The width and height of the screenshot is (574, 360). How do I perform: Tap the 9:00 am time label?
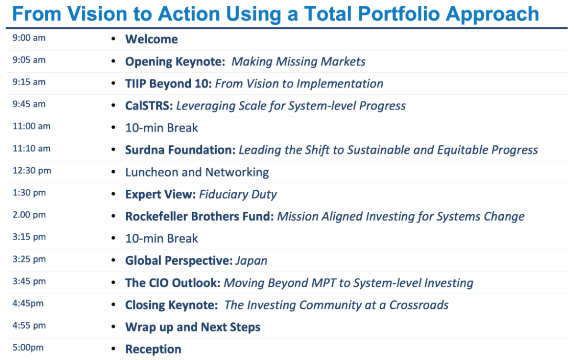pos(29,38)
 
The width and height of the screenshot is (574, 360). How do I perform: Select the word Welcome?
pos(152,39)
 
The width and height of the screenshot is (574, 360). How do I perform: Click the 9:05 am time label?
pos(29,60)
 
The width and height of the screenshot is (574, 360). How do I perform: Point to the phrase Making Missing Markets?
pos(298,62)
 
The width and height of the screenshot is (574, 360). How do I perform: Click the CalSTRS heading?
pos(149,106)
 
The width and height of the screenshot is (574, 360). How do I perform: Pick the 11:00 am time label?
pos(32,126)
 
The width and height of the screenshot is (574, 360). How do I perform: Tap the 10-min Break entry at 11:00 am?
pos(162,128)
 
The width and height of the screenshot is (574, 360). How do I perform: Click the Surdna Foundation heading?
pos(180,150)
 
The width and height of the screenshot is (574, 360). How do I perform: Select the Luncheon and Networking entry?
pos(197,172)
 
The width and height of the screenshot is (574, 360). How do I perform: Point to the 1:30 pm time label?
pos(29,193)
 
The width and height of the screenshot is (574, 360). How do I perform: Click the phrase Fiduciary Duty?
pos(238,195)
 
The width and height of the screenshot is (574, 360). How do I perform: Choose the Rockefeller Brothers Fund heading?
pos(199,217)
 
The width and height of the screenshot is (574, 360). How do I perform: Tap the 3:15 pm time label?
pos(29,237)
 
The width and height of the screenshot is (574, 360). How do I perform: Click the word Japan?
pos(252,261)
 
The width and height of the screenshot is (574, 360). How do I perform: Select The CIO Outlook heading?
pos(173,283)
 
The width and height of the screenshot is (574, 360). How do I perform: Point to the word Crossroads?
pos(419,305)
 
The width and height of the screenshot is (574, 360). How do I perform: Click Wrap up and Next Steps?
pos(193,327)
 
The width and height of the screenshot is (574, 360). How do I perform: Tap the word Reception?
pos(153,349)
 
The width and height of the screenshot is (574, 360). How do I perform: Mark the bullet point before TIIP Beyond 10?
pos(113,84)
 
